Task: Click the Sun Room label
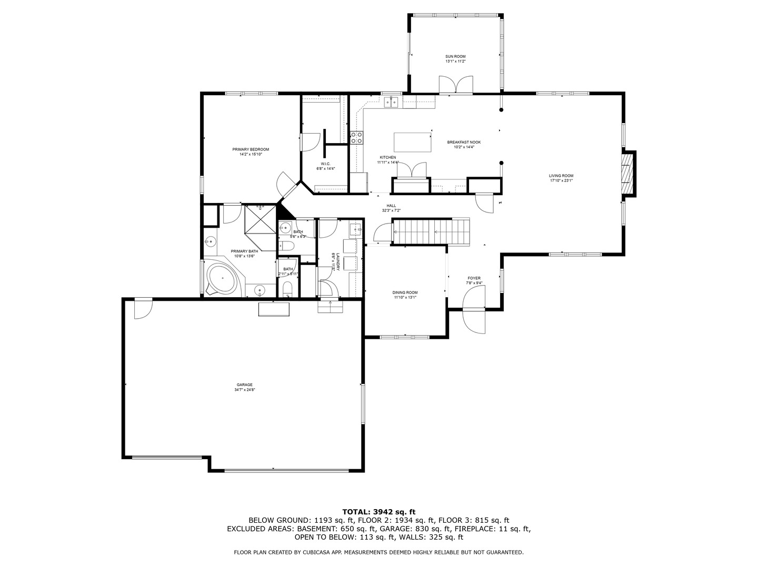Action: pos(455,57)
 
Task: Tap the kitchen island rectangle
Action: pos(412,142)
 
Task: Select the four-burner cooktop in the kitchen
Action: pos(356,138)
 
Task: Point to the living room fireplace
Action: pos(627,174)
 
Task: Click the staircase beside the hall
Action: pos(431,231)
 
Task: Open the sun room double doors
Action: pos(456,85)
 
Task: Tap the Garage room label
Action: pos(245,384)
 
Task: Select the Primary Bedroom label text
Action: pos(251,149)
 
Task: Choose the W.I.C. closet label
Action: pos(325,164)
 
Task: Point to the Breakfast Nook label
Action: pos(464,142)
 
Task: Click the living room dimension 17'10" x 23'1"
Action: pos(561,180)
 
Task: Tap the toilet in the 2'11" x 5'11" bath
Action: pos(287,288)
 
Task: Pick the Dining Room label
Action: pos(405,292)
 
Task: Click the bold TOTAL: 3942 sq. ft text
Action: pos(379,511)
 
